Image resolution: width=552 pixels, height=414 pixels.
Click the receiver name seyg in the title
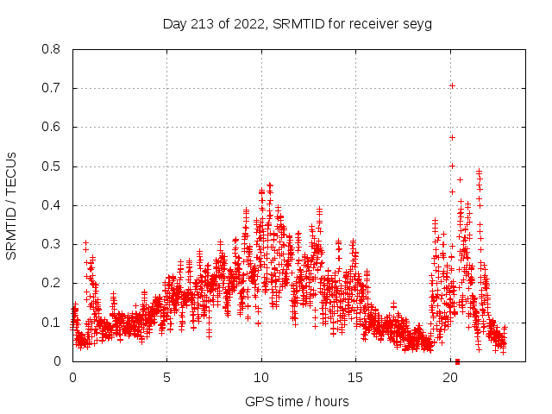pos(417,23)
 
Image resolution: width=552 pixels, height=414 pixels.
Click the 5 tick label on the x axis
pos(167,378)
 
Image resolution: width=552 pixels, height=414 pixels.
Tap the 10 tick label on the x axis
pos(261,378)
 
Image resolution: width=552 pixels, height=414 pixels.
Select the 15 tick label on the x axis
pos(356,378)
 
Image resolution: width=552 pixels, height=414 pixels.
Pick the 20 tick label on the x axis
pos(450,378)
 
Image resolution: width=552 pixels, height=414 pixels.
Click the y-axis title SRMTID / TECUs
pos(12,205)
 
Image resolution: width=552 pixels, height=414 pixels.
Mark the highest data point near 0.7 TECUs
pos(452,85)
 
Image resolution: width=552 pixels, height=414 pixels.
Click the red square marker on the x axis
pos(457,361)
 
